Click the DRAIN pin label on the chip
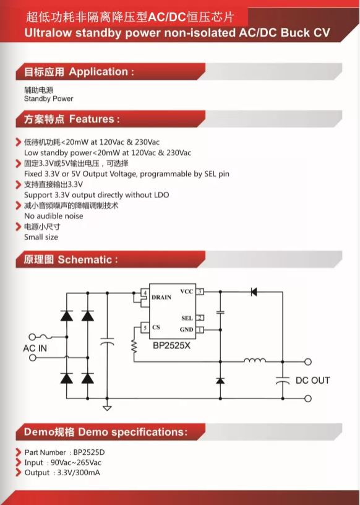(161, 297)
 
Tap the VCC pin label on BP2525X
(187, 291)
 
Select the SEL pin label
(187, 318)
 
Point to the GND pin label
(186, 329)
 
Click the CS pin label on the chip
(156, 327)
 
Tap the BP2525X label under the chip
(171, 345)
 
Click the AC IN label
(35, 348)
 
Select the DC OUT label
(312, 381)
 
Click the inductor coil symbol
(255, 360)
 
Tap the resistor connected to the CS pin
(134, 347)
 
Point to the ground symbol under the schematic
(107, 408)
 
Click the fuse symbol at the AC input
(46, 337)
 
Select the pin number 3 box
(200, 291)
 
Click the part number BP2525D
(87, 452)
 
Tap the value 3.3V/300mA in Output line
(79, 473)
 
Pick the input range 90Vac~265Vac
(76, 462)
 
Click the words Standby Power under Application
(49, 98)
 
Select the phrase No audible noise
(54, 216)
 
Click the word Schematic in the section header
(85, 259)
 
